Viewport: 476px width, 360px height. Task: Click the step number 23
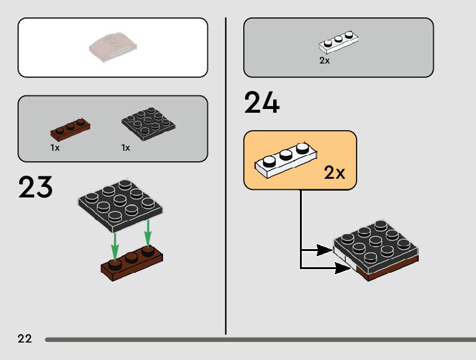pos(35,187)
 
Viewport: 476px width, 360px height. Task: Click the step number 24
pos(262,103)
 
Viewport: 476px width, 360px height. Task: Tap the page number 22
pos(25,339)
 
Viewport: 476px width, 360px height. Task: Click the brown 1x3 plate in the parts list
pos(70,128)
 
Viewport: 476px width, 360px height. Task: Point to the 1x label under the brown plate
pos(55,148)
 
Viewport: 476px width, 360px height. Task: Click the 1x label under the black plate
pos(126,148)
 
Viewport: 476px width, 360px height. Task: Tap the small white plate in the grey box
pos(339,42)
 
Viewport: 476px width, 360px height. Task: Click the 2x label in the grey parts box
pos(324,61)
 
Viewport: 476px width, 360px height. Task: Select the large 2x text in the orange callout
pos(334,173)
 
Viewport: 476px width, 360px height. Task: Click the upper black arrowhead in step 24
pos(324,250)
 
